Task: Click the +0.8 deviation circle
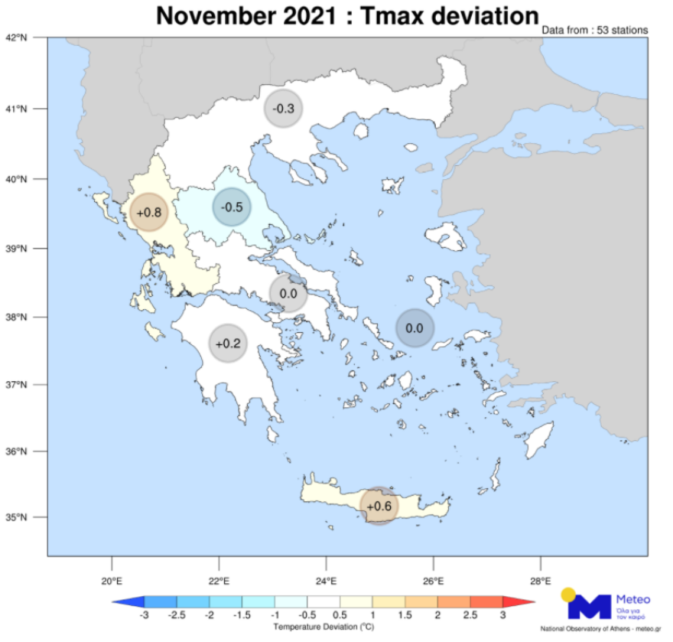[148, 213]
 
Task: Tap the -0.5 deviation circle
[231, 207]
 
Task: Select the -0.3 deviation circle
[284, 109]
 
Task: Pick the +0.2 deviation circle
[228, 344]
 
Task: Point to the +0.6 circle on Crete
[379, 506]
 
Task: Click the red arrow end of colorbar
[519, 602]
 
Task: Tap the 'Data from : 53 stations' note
[594, 30]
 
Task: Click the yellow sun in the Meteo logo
[568, 594]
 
